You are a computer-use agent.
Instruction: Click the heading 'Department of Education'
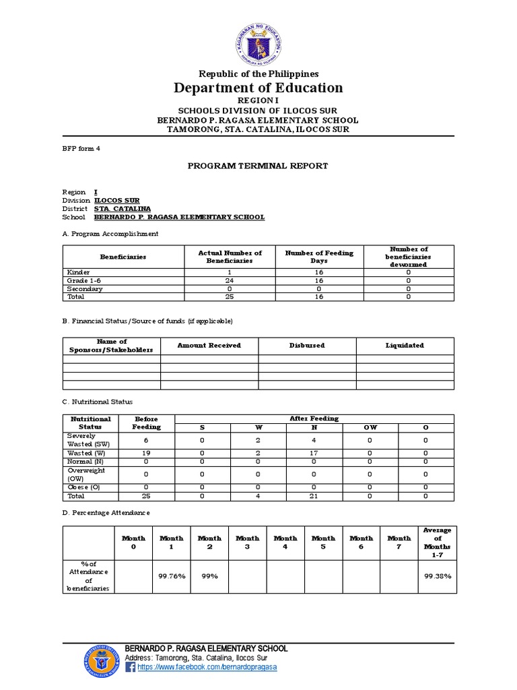258,88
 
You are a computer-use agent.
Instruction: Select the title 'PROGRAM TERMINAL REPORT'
258,165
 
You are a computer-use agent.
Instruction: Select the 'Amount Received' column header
209,345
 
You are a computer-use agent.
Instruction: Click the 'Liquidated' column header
405,345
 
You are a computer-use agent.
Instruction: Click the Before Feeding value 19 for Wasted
146,453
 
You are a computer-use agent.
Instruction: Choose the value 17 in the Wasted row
314,453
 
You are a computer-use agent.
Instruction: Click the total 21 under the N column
314,496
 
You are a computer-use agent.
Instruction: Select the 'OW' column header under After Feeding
370,427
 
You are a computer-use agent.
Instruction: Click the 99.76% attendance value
171,576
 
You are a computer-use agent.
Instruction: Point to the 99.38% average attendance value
438,576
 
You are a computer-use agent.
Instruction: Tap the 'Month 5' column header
323,542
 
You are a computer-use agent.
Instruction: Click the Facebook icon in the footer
131,667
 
